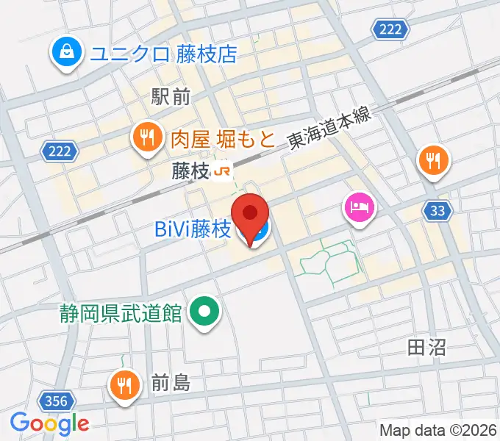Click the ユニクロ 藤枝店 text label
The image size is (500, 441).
[x=163, y=54]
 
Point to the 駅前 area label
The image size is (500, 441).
[x=171, y=96]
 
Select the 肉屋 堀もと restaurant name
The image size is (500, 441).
[x=223, y=137]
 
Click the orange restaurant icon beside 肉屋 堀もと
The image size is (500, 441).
[x=148, y=136]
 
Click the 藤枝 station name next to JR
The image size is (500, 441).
[x=190, y=172]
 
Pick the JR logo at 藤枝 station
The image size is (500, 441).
[x=223, y=172]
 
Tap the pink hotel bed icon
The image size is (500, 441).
[x=360, y=207]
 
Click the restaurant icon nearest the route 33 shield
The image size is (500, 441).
[x=435, y=161]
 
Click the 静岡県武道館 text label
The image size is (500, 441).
[x=121, y=313]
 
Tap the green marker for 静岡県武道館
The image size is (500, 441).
[x=205, y=312]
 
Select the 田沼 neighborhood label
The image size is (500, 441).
[x=426, y=348]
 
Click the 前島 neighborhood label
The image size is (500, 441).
[x=171, y=383]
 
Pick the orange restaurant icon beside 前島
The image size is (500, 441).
[x=125, y=384]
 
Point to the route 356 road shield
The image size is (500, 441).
[x=56, y=401]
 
